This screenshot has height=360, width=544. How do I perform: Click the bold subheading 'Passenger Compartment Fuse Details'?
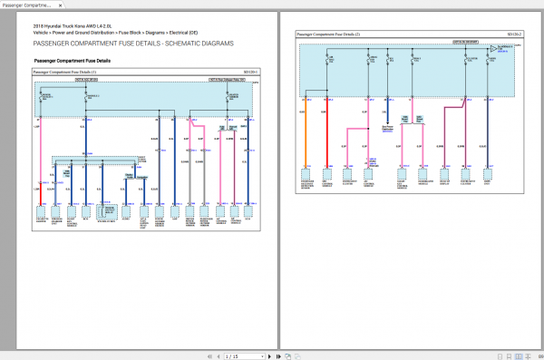[72, 61]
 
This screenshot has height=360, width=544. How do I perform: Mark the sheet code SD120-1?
[251, 71]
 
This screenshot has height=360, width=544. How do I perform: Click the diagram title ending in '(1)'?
[64, 71]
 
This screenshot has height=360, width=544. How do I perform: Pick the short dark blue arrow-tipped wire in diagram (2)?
[388, 109]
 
